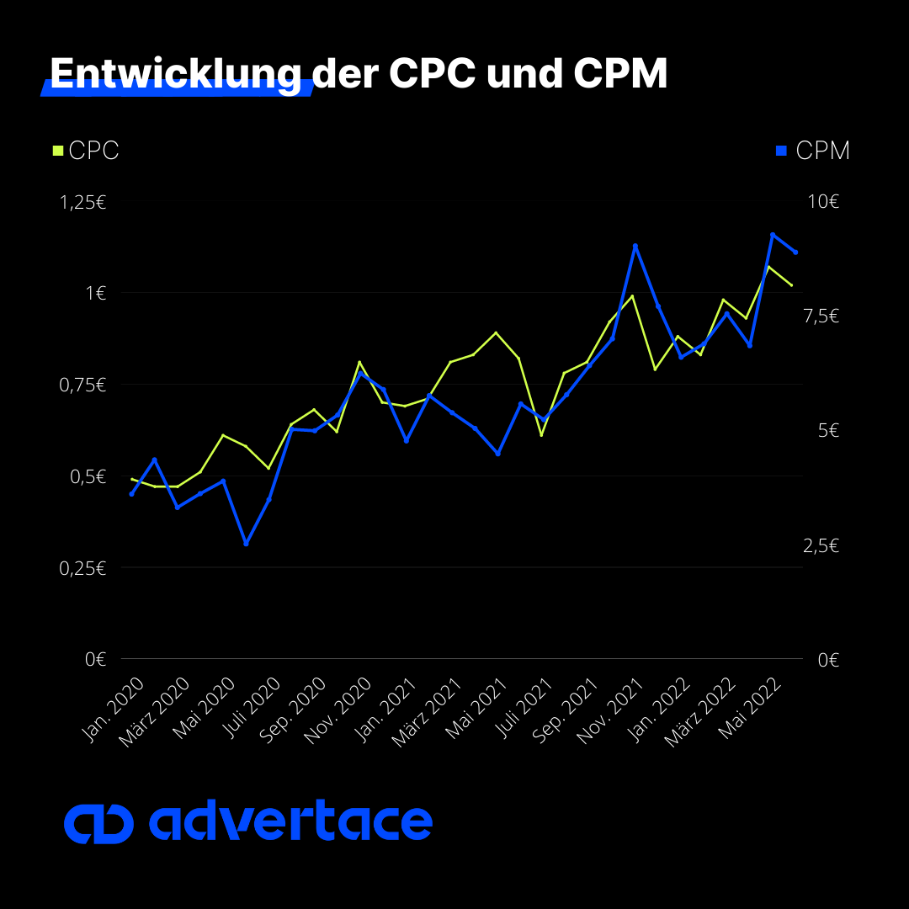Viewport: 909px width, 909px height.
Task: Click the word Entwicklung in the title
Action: pos(175,74)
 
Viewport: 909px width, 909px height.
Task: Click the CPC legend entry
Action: pos(85,151)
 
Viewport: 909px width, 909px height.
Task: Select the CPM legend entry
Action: pos(812,151)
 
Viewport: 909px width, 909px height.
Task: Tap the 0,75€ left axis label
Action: pos(82,385)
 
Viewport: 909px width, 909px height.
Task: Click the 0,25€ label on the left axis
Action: pos(82,568)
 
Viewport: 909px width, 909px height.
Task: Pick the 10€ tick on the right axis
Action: pos(823,202)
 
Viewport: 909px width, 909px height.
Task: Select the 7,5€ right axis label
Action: pos(821,316)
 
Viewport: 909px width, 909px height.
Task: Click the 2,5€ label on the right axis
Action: pos(821,546)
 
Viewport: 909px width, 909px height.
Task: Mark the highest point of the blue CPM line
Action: pos(772,235)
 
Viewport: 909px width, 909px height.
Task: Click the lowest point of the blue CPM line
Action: pos(246,544)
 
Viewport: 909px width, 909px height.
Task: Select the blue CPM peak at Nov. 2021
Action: pos(635,246)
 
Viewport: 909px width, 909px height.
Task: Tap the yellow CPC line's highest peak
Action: pos(768,266)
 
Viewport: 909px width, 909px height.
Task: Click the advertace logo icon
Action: pos(98,824)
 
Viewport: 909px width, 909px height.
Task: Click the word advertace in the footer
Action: pos(290,822)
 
